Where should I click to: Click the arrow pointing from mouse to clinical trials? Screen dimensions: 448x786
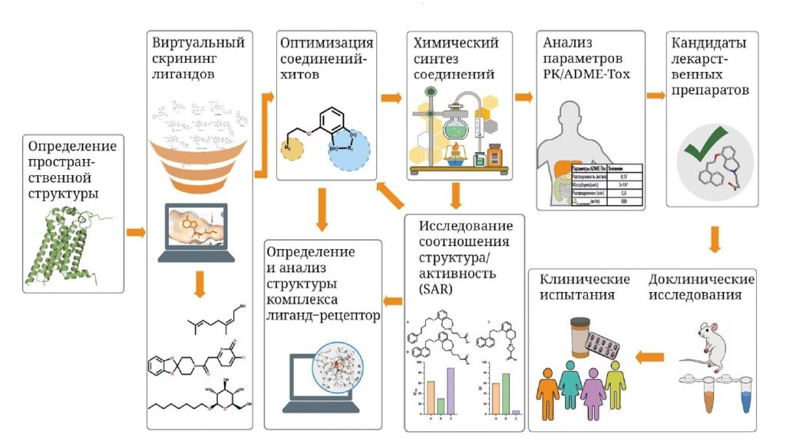(x=651, y=355)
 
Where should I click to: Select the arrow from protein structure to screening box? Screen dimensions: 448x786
(x=135, y=231)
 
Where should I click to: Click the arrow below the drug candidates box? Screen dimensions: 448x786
(x=715, y=239)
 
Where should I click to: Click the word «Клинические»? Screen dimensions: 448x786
(x=584, y=279)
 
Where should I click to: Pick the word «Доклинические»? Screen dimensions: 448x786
(x=696, y=279)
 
